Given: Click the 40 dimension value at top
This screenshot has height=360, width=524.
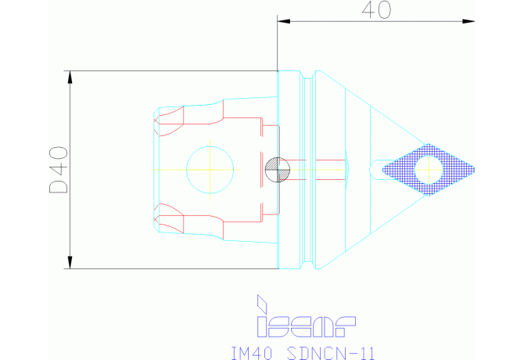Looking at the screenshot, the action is point(376,10).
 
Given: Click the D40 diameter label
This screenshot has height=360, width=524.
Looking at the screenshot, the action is point(59,170).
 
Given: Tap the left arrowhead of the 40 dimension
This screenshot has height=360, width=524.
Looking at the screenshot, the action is point(284,21).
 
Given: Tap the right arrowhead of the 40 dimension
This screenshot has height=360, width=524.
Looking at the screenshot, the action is point(468,21).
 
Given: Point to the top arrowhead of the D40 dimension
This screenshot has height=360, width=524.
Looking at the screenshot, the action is point(70,77).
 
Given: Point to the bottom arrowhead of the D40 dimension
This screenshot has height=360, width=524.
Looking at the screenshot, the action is point(70,262).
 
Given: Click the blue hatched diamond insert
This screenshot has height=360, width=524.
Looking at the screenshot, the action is point(429,170).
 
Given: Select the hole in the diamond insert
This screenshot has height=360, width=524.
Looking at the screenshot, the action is point(429,170).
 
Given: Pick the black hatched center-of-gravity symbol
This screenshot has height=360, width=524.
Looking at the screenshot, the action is point(278,170).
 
